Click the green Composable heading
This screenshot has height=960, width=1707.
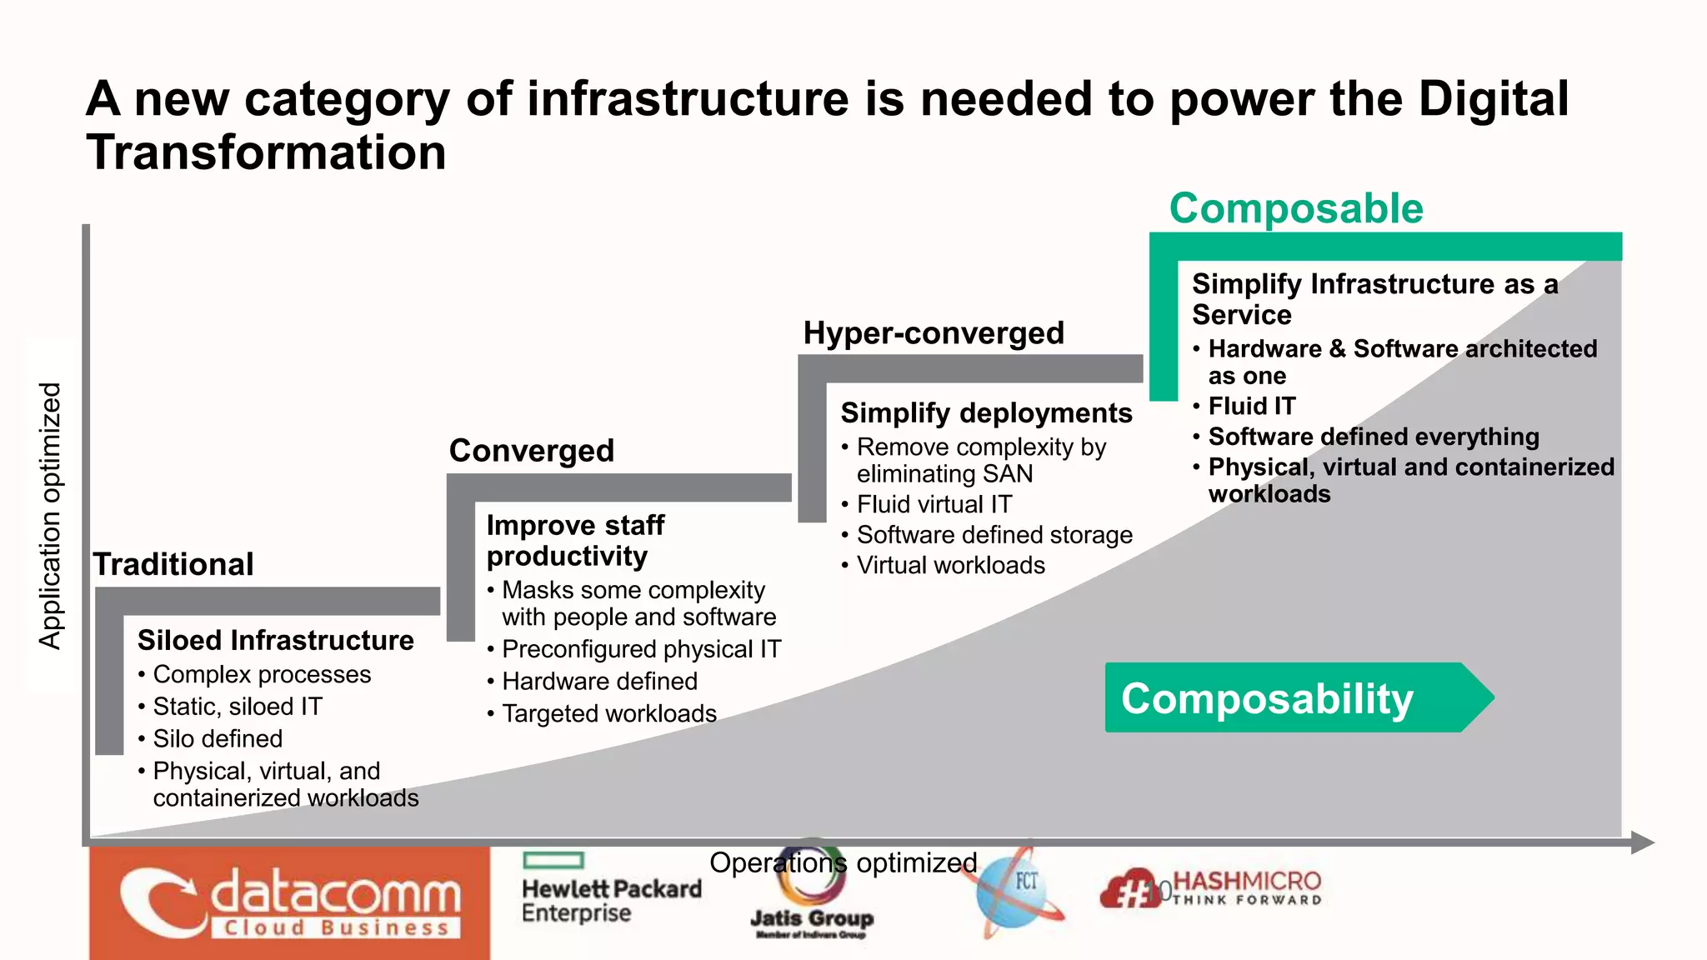[x=1296, y=208]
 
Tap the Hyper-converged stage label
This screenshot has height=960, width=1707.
[x=934, y=333]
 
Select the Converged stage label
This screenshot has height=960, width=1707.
[x=532, y=451]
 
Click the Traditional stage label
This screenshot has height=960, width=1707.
[x=173, y=564]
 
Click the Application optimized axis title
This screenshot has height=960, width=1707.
[x=51, y=515]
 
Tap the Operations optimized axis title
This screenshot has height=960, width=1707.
[x=843, y=862]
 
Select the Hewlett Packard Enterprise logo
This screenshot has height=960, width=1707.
[x=611, y=890]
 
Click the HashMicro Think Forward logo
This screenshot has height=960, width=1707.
[x=1213, y=889]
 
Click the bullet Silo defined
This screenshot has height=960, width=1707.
[x=218, y=739]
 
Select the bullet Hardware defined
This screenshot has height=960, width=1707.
[x=599, y=682]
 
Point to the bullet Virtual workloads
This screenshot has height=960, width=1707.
[x=950, y=566]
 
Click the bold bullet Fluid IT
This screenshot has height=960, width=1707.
[x=1252, y=407]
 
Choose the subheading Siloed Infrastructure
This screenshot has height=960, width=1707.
[x=275, y=640]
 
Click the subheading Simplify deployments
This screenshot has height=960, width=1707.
[x=986, y=413]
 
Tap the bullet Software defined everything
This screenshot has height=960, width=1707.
[x=1374, y=437]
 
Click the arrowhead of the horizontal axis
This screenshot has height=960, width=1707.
[x=1641, y=842]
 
